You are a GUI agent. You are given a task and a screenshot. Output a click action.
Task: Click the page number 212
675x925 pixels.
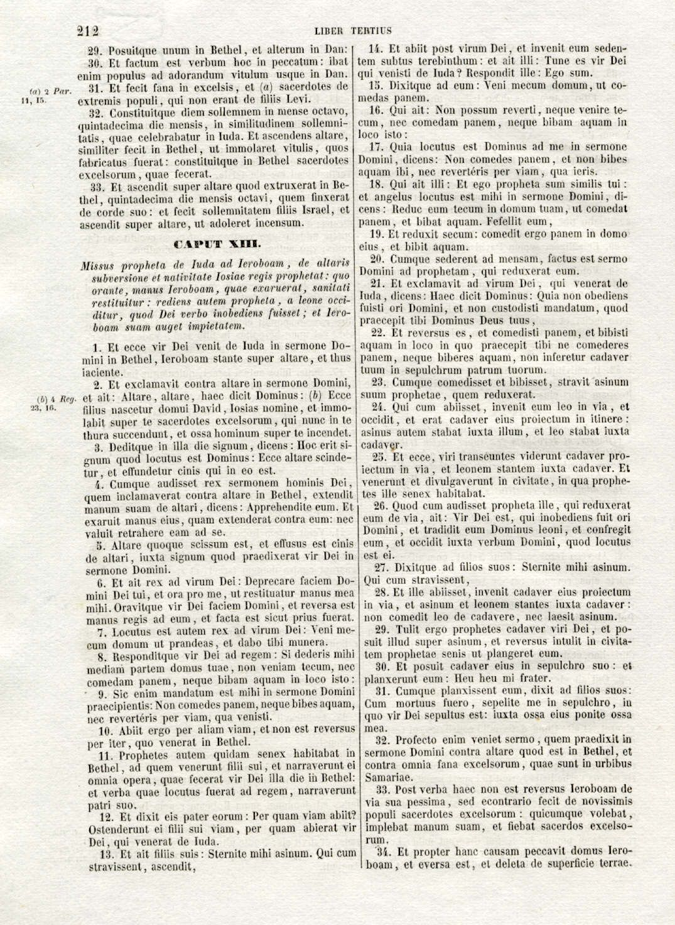click(x=89, y=30)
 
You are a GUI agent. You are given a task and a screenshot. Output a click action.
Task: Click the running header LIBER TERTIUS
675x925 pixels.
click(x=353, y=30)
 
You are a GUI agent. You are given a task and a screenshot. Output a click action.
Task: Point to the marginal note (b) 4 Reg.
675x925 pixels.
click(x=55, y=399)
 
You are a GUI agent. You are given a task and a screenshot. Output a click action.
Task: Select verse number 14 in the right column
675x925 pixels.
click(x=375, y=48)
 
